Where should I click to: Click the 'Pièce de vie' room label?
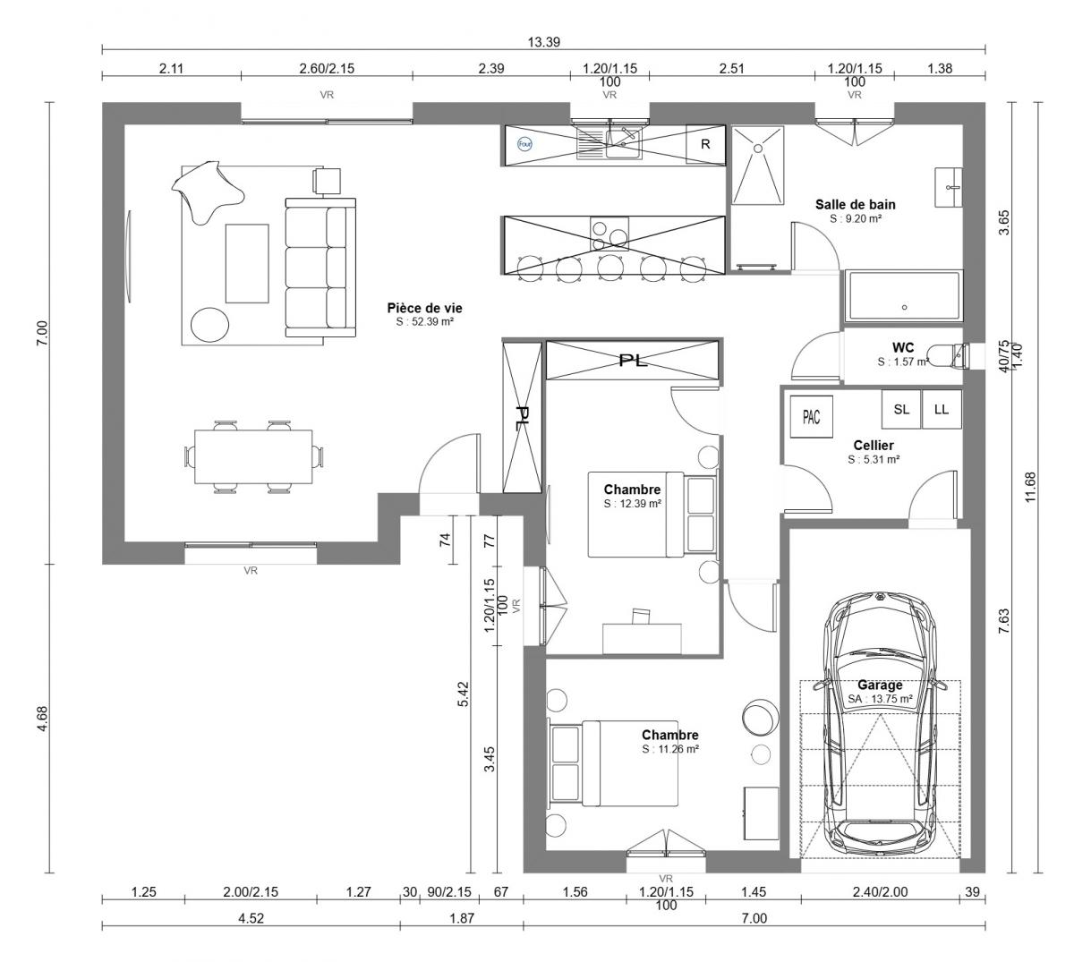pyautogui.click(x=424, y=308)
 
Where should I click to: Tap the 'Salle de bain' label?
pyautogui.click(x=855, y=205)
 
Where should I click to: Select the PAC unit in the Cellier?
pyautogui.click(x=811, y=417)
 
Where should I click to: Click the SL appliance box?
pyautogui.click(x=901, y=409)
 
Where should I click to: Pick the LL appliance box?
pyautogui.click(x=942, y=409)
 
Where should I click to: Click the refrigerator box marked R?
pyautogui.click(x=705, y=144)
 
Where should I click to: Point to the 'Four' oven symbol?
pyautogui.click(x=524, y=144)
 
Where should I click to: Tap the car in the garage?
pyautogui.click(x=880, y=732)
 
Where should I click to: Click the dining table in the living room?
pyautogui.click(x=253, y=457)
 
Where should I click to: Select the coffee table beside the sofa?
pyautogui.click(x=247, y=263)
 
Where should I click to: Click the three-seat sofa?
pyautogui.click(x=320, y=268)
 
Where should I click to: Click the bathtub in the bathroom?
pyautogui.click(x=904, y=296)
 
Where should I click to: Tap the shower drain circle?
pyautogui.click(x=758, y=149)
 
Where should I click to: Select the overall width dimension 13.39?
pyautogui.click(x=544, y=42)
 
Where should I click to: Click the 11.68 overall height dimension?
pyautogui.click(x=1029, y=487)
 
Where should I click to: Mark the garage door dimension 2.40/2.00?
pyautogui.click(x=880, y=892)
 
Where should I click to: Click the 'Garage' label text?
pyautogui.click(x=880, y=685)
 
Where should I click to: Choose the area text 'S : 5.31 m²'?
pyautogui.click(x=874, y=460)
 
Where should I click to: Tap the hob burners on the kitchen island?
pyautogui.click(x=609, y=234)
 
